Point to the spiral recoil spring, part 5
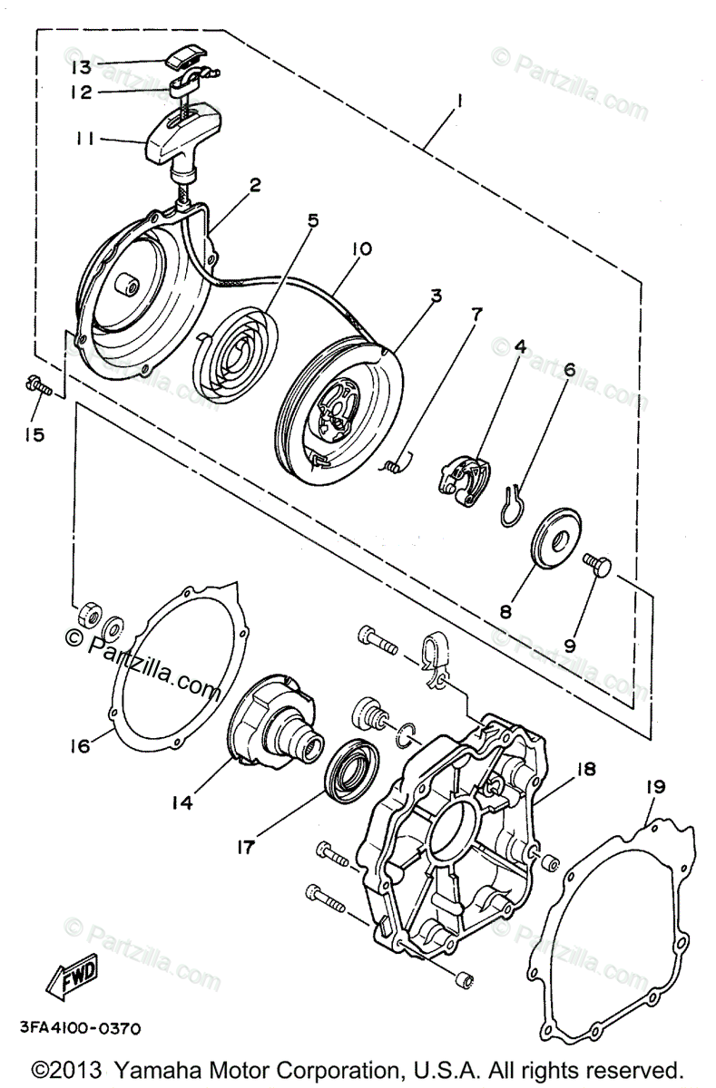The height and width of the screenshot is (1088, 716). click(x=237, y=344)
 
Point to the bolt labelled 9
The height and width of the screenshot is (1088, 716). click(x=597, y=567)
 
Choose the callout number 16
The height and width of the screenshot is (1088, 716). click(x=79, y=745)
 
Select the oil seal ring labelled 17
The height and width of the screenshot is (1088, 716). click(x=350, y=770)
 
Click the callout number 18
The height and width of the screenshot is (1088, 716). click(x=584, y=769)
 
